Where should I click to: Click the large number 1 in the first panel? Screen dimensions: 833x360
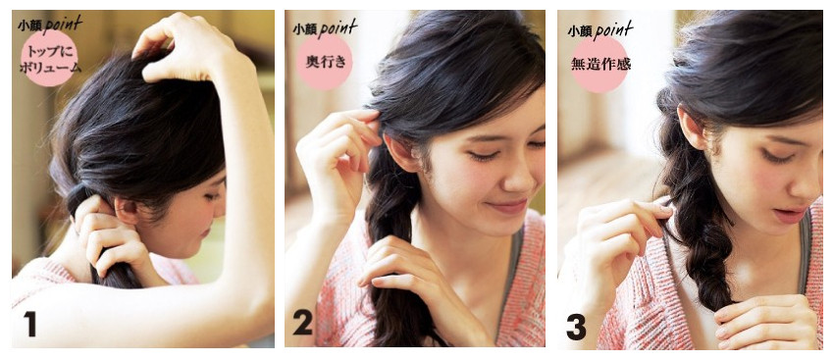tap(30, 324)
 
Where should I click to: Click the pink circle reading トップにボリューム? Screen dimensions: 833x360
tap(49, 58)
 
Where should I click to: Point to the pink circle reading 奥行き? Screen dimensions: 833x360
tap(324, 62)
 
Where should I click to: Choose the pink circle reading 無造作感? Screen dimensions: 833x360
tap(599, 64)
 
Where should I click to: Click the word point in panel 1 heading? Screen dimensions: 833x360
tap(63, 24)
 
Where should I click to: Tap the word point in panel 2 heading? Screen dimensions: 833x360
tap(338, 27)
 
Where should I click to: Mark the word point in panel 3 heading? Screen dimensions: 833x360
tap(613, 30)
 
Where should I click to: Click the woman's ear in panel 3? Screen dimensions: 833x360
tap(693, 128)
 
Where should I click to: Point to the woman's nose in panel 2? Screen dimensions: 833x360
tap(514, 178)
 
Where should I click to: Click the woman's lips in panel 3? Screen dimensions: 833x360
tap(790, 215)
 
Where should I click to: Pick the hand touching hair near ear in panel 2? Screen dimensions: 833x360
tap(338, 159)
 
